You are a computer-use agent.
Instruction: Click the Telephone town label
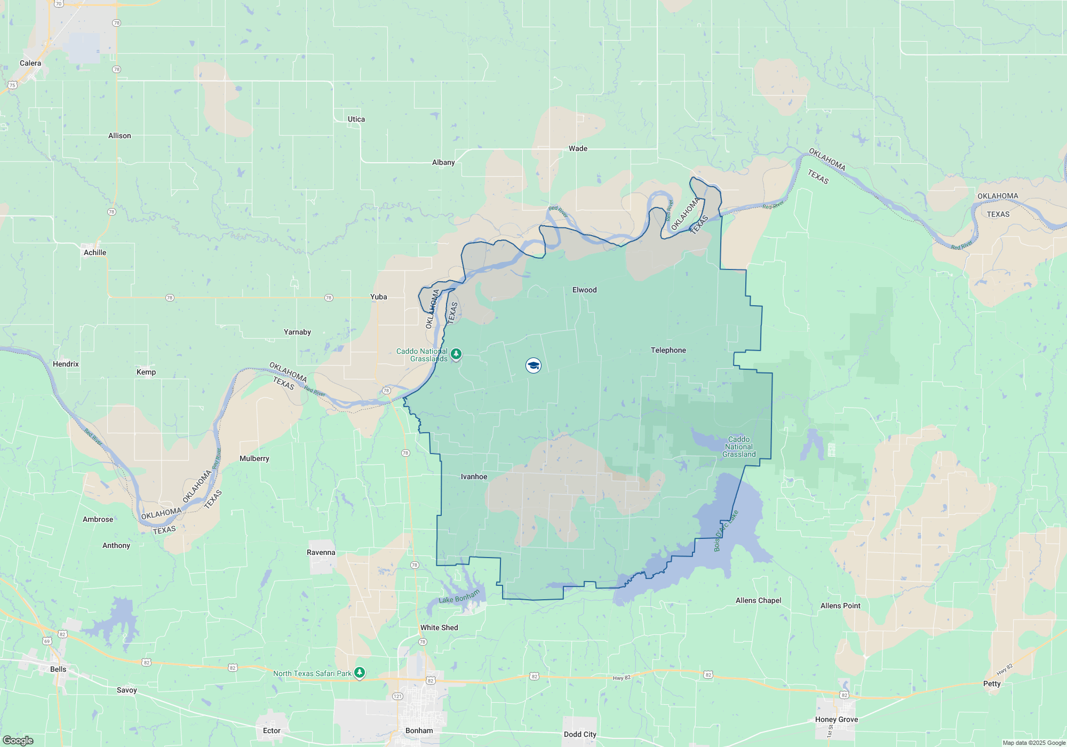coord(668,350)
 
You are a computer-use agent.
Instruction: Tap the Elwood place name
coord(584,290)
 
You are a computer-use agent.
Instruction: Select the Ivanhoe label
coord(474,476)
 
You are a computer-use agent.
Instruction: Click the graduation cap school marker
coord(533,365)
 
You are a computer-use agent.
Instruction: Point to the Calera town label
coord(30,63)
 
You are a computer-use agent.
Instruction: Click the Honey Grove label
coord(836,719)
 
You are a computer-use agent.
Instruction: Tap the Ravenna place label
coord(321,552)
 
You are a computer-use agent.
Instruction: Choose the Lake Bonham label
coord(459,597)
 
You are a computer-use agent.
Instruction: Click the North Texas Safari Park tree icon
coord(360,672)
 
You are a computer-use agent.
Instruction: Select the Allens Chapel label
coord(758,600)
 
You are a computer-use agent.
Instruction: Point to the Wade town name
coord(578,148)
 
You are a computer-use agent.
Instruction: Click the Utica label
coord(356,119)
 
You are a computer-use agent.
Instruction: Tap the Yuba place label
coord(378,297)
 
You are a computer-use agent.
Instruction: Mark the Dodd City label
coord(580,734)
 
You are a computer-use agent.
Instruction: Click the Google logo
coord(18,740)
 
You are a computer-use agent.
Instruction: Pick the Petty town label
coord(992,684)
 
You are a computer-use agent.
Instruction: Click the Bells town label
coord(58,669)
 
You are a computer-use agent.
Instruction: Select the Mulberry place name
coord(254,458)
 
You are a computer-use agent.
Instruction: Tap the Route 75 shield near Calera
coord(12,85)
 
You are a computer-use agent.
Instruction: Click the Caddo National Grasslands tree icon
coord(456,354)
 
